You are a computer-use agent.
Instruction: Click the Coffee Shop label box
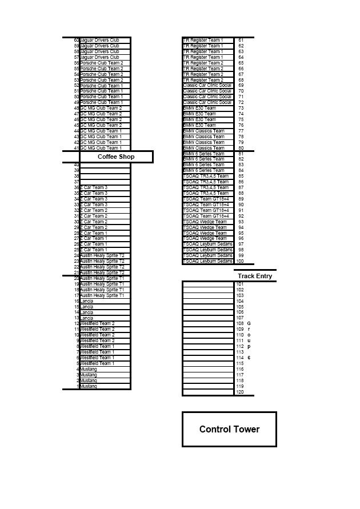[x=116, y=157]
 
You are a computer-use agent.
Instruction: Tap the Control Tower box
[x=229, y=429]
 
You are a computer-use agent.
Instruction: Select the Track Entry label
[x=255, y=276]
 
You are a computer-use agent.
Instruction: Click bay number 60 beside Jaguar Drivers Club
[x=77, y=40]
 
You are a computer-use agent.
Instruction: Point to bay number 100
[x=240, y=261]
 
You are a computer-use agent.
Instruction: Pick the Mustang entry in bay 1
[x=89, y=386]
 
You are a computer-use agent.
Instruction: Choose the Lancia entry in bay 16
[x=87, y=301]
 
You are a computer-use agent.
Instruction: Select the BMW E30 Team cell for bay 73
[x=199, y=108]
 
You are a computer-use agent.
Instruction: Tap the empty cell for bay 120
[x=208, y=392]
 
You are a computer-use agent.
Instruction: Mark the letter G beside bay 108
[x=249, y=323]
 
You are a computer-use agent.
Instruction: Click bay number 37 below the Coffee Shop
[x=77, y=182]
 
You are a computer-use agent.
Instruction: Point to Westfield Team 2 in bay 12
[x=97, y=323]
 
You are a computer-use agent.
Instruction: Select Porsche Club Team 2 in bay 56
[x=101, y=63]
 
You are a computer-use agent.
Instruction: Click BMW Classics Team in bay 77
[x=204, y=131]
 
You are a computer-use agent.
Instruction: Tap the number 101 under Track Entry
[x=240, y=284]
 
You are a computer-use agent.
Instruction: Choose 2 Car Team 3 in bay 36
[x=94, y=187]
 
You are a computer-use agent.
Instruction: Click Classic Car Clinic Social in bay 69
[x=207, y=85]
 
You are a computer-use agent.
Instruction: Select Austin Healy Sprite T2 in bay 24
[x=102, y=255]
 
